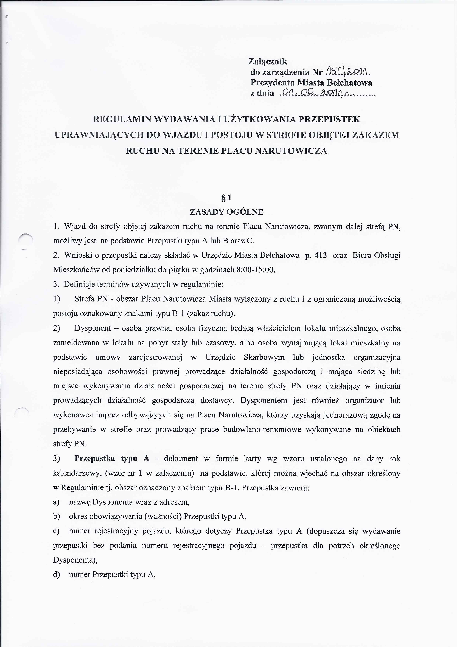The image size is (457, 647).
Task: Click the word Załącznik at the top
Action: point(268,61)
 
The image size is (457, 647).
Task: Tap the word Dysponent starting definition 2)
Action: point(93,328)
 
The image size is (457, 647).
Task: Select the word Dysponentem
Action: point(264,400)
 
